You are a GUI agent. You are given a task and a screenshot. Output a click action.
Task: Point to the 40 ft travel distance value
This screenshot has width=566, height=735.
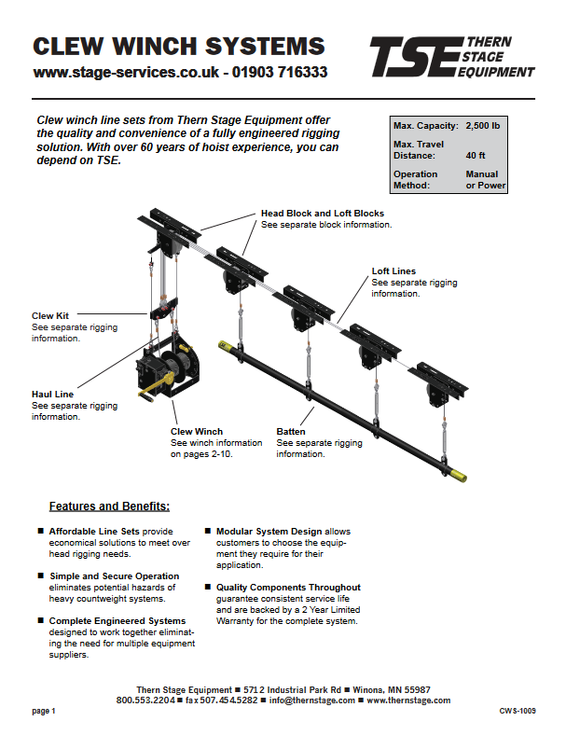pyautogui.click(x=475, y=155)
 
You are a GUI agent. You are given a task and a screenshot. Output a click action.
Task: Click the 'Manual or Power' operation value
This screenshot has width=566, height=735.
pyautogui.click(x=482, y=179)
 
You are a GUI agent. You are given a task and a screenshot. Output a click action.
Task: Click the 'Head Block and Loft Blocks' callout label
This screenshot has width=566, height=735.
pyautogui.click(x=322, y=214)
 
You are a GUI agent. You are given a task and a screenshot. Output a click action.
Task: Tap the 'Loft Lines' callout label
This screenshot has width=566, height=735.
pyautogui.click(x=393, y=271)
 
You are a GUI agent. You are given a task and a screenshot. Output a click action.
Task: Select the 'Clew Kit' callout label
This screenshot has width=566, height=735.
pyautogui.click(x=50, y=316)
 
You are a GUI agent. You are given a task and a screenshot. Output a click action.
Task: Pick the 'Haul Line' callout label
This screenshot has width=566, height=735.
pyautogui.click(x=53, y=395)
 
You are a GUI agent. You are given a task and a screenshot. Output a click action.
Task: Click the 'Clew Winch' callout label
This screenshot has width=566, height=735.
pyautogui.click(x=196, y=432)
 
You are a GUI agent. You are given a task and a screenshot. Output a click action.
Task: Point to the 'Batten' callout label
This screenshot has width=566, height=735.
pyautogui.click(x=291, y=432)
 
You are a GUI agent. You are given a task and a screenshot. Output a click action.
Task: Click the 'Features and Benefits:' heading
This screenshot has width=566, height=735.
pyautogui.click(x=109, y=506)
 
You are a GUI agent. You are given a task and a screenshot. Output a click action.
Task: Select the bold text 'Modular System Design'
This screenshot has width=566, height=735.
pyautogui.click(x=270, y=531)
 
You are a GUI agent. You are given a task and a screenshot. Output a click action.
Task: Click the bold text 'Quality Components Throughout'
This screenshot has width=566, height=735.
pyautogui.click(x=288, y=588)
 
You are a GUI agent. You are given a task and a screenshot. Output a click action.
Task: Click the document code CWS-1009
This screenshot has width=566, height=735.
pyautogui.click(x=517, y=712)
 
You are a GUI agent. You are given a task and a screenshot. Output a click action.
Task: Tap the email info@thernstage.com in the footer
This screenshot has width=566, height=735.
pyautogui.click(x=312, y=700)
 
